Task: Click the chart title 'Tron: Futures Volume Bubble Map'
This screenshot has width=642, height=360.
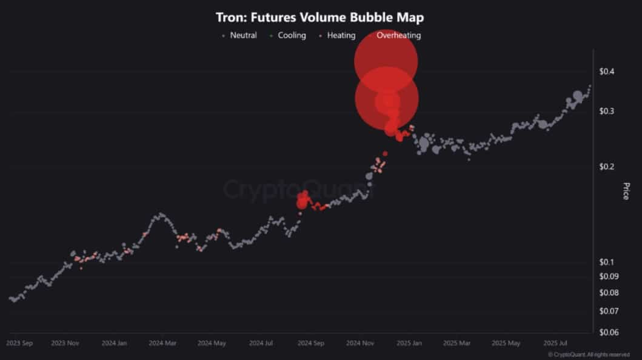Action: coord(320,17)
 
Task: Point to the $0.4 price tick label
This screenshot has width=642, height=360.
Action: coord(607,72)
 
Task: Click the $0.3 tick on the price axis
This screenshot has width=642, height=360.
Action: coord(607,111)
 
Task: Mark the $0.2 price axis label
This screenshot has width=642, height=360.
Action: coord(607,167)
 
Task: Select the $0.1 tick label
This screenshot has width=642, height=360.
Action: coord(607,262)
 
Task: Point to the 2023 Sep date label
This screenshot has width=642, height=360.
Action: coord(19,343)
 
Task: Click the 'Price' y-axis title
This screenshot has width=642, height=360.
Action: coord(626,191)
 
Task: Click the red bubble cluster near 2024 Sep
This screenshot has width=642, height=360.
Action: coord(303,201)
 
